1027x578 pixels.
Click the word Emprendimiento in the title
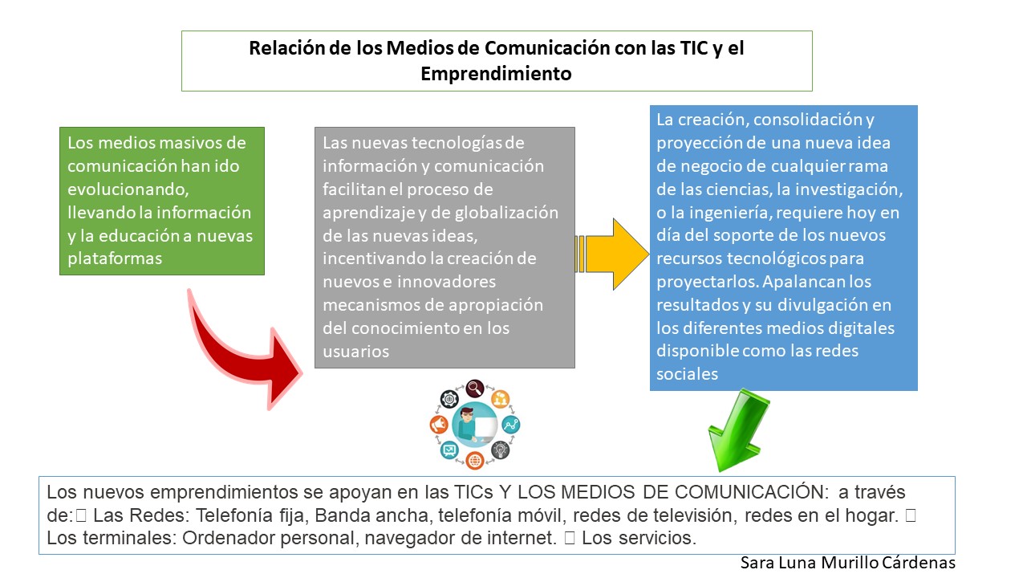496,73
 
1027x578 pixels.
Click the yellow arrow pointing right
612,254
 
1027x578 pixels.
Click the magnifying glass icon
475,389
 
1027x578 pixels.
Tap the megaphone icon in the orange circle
439,425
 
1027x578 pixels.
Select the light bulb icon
500,450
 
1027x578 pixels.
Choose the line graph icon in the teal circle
511,425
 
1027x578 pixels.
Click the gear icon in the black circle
449,399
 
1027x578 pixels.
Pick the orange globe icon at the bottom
475,460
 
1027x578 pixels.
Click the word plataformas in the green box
115,258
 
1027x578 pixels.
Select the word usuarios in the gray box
355,352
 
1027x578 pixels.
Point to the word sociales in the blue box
687,374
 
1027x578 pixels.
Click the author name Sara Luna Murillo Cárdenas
848,563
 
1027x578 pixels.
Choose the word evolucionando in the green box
127,189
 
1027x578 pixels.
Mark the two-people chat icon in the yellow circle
500,399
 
